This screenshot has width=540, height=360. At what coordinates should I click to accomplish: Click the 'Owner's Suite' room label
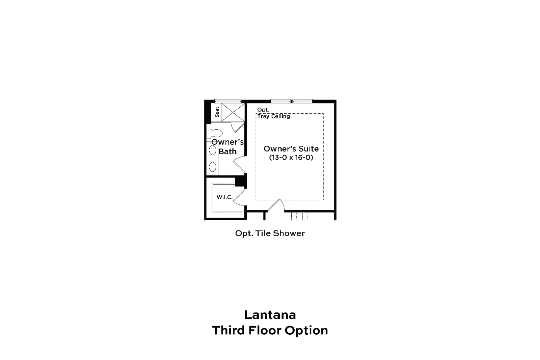(291, 149)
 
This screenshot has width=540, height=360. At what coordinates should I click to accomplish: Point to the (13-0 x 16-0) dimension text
(291, 158)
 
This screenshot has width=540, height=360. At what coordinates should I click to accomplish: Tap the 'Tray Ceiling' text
(274, 116)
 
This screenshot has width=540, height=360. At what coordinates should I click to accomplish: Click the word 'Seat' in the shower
(217, 112)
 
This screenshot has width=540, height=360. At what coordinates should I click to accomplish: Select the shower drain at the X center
(233, 113)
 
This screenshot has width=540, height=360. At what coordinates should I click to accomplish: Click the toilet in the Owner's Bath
(214, 134)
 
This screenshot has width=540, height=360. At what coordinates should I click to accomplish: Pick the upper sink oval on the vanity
(213, 150)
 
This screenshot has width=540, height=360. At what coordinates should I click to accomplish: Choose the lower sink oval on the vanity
(213, 167)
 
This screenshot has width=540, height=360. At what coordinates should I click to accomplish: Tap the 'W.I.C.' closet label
(224, 197)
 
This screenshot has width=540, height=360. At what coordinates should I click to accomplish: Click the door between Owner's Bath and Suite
(239, 165)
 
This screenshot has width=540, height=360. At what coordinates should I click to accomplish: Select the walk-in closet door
(239, 197)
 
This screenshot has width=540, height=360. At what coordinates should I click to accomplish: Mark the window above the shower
(228, 101)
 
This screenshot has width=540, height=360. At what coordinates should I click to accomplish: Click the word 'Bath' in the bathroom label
(227, 151)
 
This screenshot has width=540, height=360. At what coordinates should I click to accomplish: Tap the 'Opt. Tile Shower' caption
(270, 233)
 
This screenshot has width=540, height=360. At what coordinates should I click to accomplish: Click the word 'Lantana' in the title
(270, 315)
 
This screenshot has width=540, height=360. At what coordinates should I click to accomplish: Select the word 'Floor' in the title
(265, 330)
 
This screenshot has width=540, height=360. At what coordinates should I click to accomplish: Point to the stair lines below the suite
(299, 216)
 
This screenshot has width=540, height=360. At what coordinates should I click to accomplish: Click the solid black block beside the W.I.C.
(240, 181)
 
